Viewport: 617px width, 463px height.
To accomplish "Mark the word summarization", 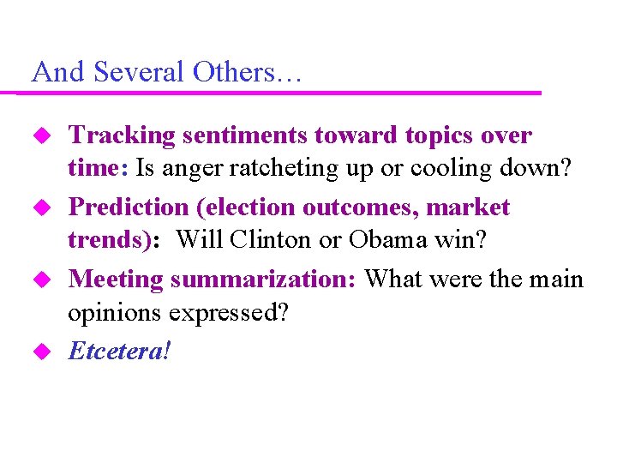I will click(265, 279).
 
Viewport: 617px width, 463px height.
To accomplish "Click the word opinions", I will click(115, 313).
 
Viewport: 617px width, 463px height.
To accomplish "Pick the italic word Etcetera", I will click(117, 350).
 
